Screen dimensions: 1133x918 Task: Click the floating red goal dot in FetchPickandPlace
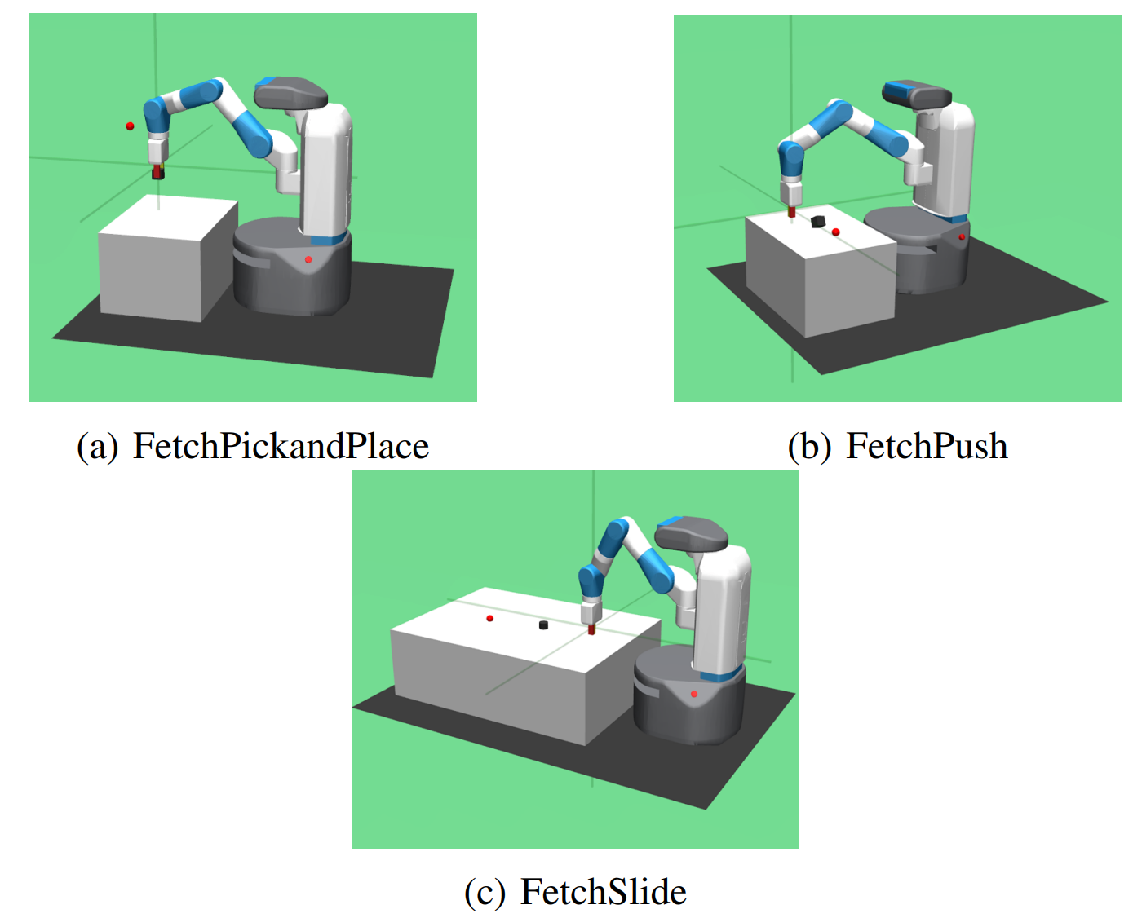click(130, 126)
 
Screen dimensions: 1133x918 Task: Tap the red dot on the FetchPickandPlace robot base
click(308, 259)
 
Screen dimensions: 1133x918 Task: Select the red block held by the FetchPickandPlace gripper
click(158, 172)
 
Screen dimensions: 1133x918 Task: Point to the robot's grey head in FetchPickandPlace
click(290, 94)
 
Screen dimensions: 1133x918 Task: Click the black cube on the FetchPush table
click(817, 221)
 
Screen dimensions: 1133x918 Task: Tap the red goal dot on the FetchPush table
click(835, 232)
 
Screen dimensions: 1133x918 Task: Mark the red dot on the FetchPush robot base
click(961, 237)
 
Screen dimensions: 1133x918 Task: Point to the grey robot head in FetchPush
click(916, 94)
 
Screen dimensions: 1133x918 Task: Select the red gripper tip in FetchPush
click(791, 211)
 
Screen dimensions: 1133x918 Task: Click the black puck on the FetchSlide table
click(543, 625)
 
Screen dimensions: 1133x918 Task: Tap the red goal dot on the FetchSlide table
click(490, 618)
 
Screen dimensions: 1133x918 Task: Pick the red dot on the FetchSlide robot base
click(693, 695)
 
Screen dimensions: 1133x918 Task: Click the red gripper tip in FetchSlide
click(591, 629)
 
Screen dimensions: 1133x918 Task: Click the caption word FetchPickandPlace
click(281, 445)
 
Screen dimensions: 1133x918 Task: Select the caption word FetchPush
click(927, 445)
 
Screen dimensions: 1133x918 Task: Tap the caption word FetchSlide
click(603, 891)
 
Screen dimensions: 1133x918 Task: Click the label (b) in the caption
click(809, 446)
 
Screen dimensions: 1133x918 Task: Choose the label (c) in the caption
click(485, 892)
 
